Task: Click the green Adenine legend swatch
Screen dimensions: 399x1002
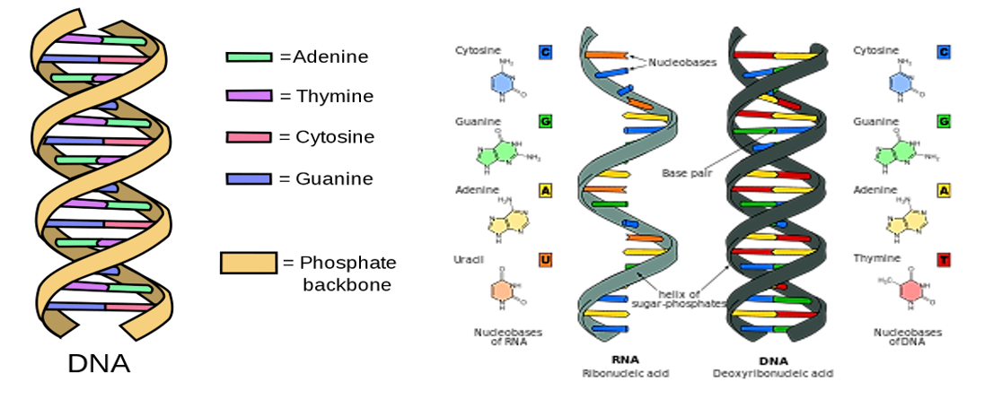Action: click(x=248, y=57)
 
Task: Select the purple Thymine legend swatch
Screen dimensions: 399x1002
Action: click(x=248, y=96)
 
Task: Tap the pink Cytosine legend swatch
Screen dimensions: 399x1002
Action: click(x=248, y=137)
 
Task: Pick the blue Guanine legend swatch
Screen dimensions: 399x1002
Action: click(x=248, y=179)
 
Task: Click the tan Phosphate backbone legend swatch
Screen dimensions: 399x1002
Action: click(x=248, y=263)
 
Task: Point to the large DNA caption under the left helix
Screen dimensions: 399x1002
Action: click(x=99, y=364)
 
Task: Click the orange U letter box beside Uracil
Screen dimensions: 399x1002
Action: click(x=545, y=260)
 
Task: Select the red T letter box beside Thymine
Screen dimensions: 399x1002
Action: click(x=943, y=260)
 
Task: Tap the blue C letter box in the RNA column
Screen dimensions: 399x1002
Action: click(x=545, y=52)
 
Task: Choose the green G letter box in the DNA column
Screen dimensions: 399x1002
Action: click(x=943, y=121)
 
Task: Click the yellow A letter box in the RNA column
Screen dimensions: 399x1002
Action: click(x=545, y=190)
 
